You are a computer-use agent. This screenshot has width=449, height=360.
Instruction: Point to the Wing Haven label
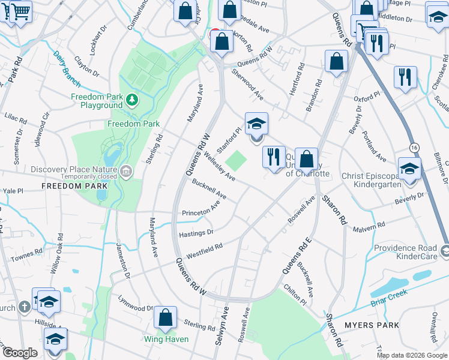tap(166, 339)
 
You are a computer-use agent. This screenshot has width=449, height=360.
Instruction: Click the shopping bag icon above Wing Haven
tap(166, 317)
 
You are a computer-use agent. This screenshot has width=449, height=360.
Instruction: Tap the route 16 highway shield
tap(414, 148)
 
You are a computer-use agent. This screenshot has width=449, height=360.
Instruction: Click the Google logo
tap(20, 353)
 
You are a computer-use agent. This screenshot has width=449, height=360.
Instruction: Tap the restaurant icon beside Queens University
tap(274, 157)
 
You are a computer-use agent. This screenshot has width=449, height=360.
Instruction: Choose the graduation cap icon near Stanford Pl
tap(256, 125)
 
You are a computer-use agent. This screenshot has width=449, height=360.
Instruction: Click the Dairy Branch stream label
tap(67, 61)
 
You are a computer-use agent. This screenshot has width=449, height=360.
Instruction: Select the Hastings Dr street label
tap(196, 232)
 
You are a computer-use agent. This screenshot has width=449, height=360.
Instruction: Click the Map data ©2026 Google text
tap(411, 355)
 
